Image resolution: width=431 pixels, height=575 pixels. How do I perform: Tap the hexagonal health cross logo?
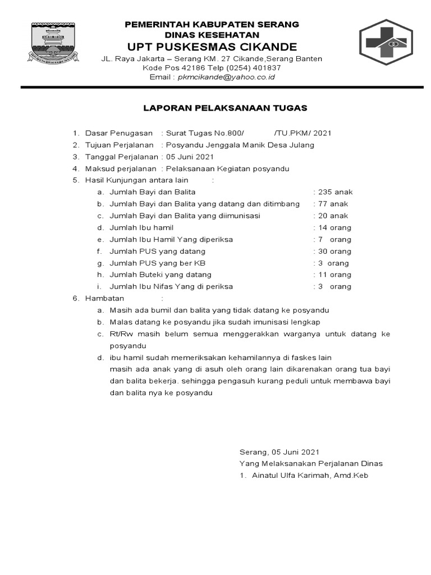click(386, 43)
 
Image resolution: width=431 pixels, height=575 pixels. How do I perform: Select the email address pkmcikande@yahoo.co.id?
click(226, 77)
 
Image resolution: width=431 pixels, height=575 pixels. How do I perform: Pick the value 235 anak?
click(335, 192)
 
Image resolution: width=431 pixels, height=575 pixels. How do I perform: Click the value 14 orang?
click(334, 227)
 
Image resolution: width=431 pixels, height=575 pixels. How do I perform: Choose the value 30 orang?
click(334, 251)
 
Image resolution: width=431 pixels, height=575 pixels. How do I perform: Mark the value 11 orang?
click(334, 275)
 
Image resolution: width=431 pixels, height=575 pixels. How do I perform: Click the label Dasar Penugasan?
click(118, 133)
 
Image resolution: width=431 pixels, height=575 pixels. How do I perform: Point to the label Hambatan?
click(104, 298)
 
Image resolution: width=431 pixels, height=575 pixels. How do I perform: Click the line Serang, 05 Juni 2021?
click(279, 451)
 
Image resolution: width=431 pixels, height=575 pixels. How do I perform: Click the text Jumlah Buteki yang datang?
click(161, 275)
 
